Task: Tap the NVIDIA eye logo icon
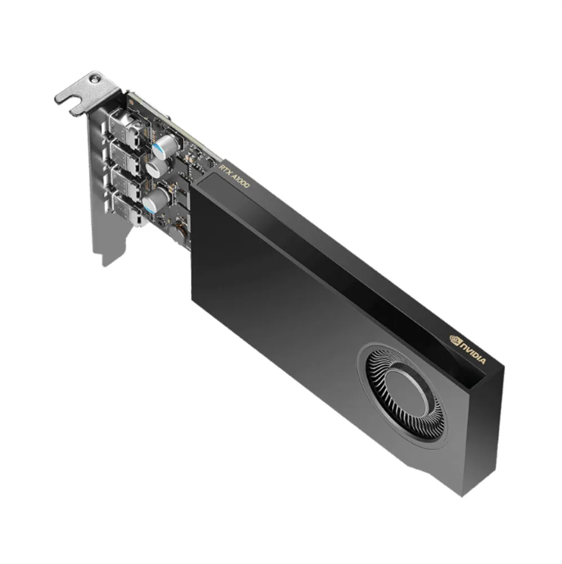pyautogui.click(x=455, y=339)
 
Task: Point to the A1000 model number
pyautogui.click(x=241, y=180)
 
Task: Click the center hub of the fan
pyautogui.click(x=405, y=391)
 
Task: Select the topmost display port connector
pyautogui.click(x=125, y=122)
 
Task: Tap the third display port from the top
pyautogui.click(x=125, y=184)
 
